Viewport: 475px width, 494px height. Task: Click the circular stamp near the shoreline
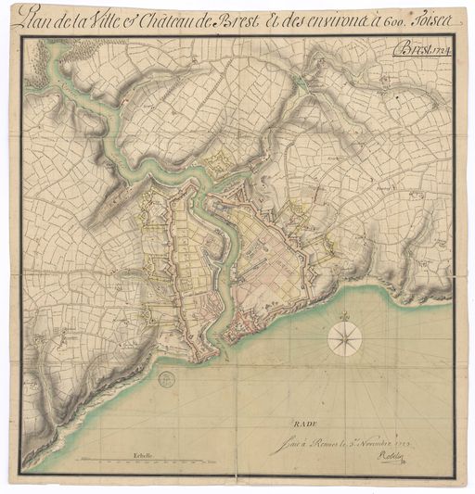(x=165, y=378)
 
